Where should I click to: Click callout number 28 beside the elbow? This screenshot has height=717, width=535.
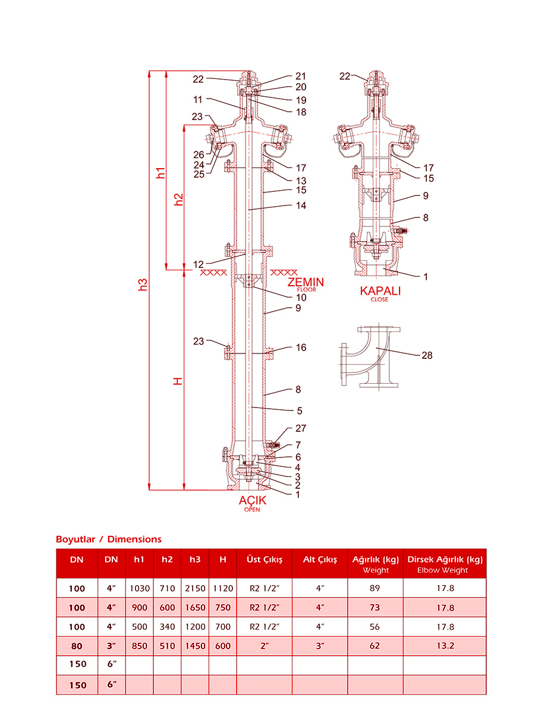427,355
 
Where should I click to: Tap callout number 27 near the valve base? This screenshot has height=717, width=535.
301,428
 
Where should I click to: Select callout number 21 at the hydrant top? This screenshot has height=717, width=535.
301,76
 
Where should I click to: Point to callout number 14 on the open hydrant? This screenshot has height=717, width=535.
301,206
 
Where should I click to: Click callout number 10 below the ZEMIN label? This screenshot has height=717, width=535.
301,298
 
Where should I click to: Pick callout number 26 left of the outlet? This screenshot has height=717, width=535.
199,155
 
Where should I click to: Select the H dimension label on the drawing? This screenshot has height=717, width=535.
177,380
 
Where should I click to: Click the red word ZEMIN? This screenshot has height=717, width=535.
306,282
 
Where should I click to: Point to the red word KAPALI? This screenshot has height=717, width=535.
380,290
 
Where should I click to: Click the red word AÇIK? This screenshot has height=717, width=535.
252,501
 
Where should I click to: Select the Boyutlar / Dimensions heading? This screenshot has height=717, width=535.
108,539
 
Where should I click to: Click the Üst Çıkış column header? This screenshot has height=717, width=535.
264,560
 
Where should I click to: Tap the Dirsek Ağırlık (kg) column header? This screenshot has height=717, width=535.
445,560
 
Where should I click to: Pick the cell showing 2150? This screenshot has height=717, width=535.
194,589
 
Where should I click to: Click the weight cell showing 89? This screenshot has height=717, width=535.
374,589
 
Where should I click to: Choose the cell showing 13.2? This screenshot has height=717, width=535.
445,646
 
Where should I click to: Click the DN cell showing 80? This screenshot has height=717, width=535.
77,646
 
